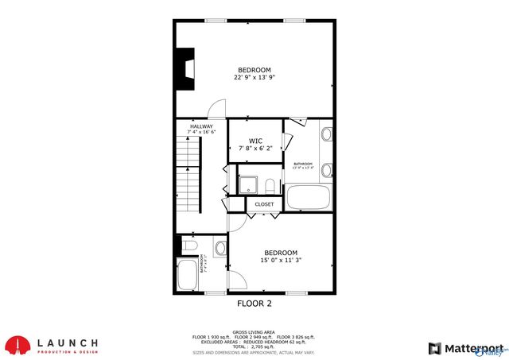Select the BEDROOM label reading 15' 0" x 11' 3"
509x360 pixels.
tap(280, 256)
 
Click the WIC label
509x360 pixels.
tap(254, 144)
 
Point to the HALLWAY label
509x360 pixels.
tap(201, 129)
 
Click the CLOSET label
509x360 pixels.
tap(264, 204)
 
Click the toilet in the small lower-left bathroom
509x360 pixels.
tap(188, 246)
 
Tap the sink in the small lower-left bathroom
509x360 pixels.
tap(220, 247)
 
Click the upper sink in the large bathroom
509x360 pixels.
tap(326, 134)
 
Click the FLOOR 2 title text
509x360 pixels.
tap(254, 304)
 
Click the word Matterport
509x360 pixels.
tap(471, 348)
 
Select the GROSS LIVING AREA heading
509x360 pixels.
tap(254, 331)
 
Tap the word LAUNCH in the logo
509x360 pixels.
tap(68, 341)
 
